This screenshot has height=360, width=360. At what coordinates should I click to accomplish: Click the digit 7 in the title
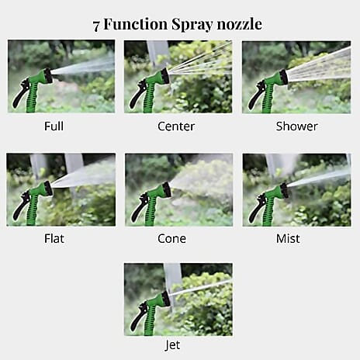[x=97, y=24]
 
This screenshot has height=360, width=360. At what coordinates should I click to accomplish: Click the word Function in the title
[x=137, y=24]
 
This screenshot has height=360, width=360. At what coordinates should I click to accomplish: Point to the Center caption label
[x=177, y=126]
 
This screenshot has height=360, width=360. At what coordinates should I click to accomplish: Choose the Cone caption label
[x=171, y=238]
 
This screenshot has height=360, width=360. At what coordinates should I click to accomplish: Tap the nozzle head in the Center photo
[x=164, y=77]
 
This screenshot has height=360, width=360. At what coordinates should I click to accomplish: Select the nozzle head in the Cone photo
[x=164, y=190]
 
